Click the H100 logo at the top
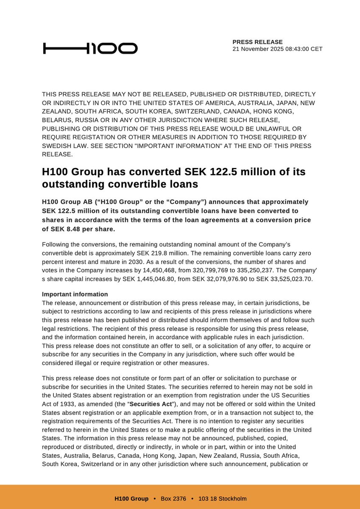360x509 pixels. pyautogui.click(x=90, y=48)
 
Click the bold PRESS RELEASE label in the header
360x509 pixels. pyautogui.click(x=257, y=42)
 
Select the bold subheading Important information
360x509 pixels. pyautogui.click(x=75, y=294)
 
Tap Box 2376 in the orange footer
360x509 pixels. pyautogui.click(x=173, y=498)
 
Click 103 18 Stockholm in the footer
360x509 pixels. pyautogui.click(x=222, y=498)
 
